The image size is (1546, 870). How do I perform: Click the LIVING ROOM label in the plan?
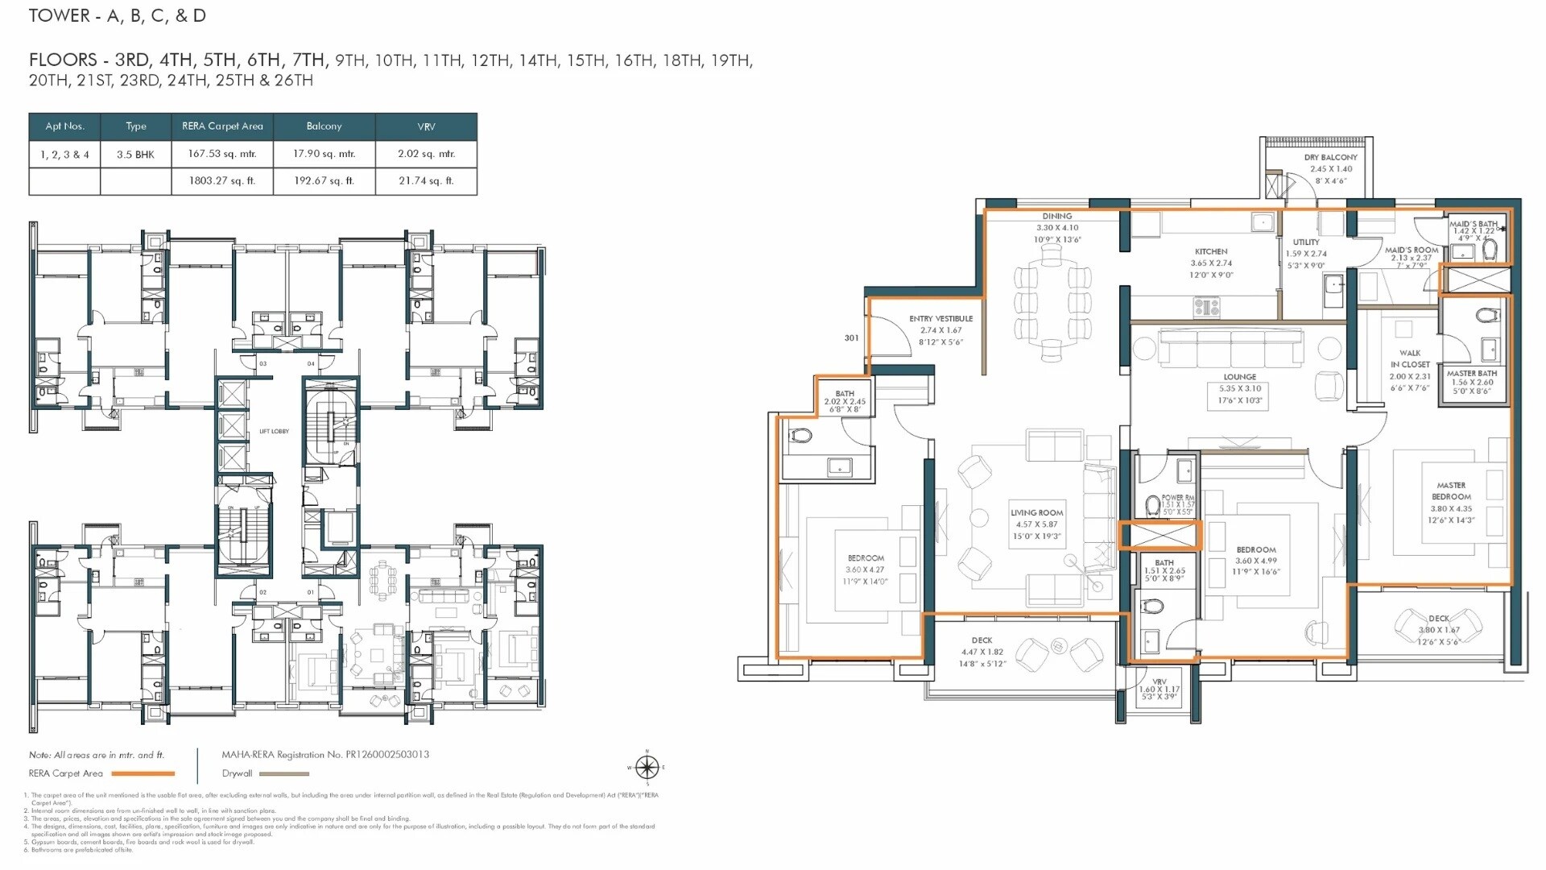pos(1037,512)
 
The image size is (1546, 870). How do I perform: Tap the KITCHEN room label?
pos(1211,251)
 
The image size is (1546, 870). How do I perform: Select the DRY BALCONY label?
pos(1330,157)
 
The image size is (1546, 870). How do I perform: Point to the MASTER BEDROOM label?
pos(1451,491)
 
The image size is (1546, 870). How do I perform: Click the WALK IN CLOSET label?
pos(1410,358)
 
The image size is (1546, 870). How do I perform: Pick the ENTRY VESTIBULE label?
pos(940,319)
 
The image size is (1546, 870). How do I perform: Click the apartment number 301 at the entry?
pos(851,338)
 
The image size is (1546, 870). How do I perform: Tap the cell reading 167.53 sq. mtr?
pos(222,154)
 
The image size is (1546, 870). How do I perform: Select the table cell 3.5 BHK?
pos(135,155)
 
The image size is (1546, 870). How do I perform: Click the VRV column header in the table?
pos(426,126)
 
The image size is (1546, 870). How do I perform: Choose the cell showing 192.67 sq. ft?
pos(324,181)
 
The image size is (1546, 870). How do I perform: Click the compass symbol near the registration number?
pos(647,767)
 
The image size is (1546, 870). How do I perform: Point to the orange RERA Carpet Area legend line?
pos(143,774)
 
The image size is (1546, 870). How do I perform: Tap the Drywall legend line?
pos(284,774)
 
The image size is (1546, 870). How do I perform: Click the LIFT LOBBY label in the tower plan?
pos(274,432)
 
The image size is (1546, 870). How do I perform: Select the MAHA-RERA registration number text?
pos(325,755)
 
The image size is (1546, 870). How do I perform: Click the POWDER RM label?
pos(1177,498)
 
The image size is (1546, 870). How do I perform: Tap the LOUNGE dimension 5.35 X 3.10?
pos(1240,388)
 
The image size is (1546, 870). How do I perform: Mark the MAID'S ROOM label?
pos(1412,251)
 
